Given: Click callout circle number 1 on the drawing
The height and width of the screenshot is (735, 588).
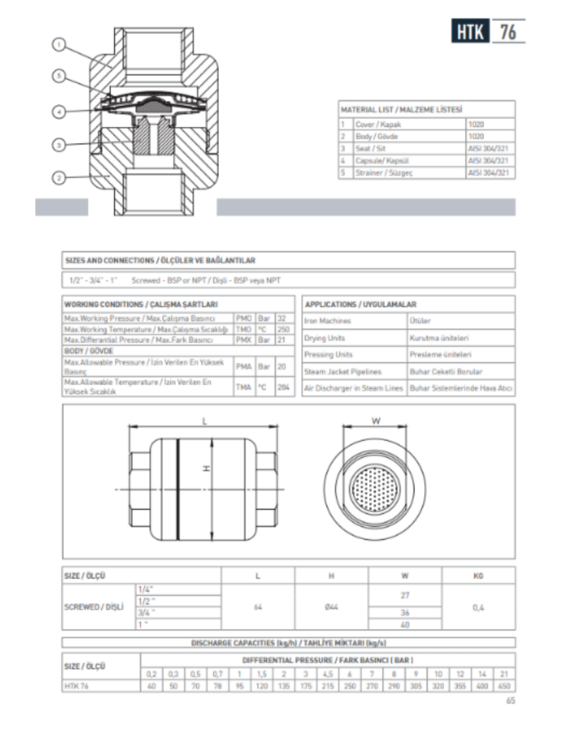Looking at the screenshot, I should coord(58,44).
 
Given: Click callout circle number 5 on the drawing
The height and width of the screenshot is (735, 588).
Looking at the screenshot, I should coord(58,76).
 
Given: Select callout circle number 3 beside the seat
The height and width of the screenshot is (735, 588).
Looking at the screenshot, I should coord(58,144).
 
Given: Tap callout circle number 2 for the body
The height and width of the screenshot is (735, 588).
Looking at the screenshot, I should coord(58,178).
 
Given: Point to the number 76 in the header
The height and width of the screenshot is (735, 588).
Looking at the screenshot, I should coord(508,31).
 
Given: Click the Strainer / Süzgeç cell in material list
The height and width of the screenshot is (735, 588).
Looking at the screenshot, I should coord(384,173).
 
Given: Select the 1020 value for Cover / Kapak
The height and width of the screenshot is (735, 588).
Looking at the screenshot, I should coord(476,124).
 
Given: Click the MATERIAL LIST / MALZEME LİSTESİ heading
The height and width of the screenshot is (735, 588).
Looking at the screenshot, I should coord(402,110).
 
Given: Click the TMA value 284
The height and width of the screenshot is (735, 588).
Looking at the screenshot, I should coord(284,387).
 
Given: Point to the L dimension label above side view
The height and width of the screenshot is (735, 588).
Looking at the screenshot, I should coord(204,420).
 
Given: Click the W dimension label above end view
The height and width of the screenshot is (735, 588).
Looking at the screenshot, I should coord(376,420).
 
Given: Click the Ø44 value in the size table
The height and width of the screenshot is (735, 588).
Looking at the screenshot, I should coord(332,607).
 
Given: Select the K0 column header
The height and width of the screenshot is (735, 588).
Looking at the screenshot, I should coord(479,575).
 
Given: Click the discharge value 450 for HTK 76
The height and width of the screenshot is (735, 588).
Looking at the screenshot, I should coord(505,687).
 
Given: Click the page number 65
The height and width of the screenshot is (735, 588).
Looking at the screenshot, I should coord(511,701).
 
